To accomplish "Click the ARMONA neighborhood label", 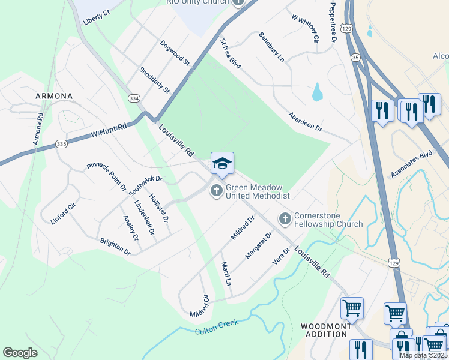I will [x=54, y=96].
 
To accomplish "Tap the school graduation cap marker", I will [x=222, y=164].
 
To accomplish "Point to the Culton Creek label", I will [x=217, y=326].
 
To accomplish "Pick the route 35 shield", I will [x=356, y=58].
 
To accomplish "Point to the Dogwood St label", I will [x=175, y=53].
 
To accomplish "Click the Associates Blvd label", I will [x=411, y=164].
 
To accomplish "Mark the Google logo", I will [x=20, y=353].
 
